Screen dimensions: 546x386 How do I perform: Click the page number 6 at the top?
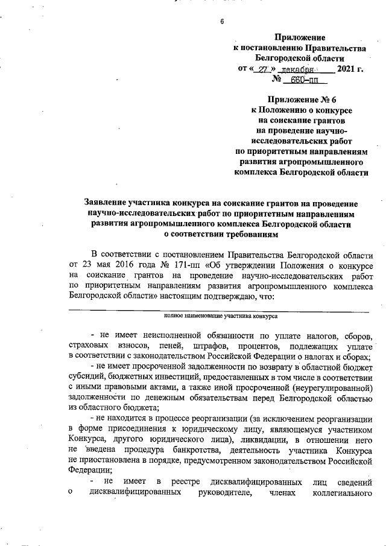point(221,22)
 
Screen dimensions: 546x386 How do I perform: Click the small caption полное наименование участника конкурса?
point(220,316)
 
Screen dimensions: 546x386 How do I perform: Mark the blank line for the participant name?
point(220,311)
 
